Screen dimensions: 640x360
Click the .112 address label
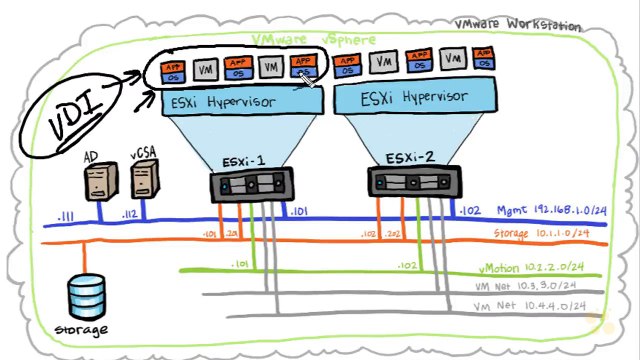129,213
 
